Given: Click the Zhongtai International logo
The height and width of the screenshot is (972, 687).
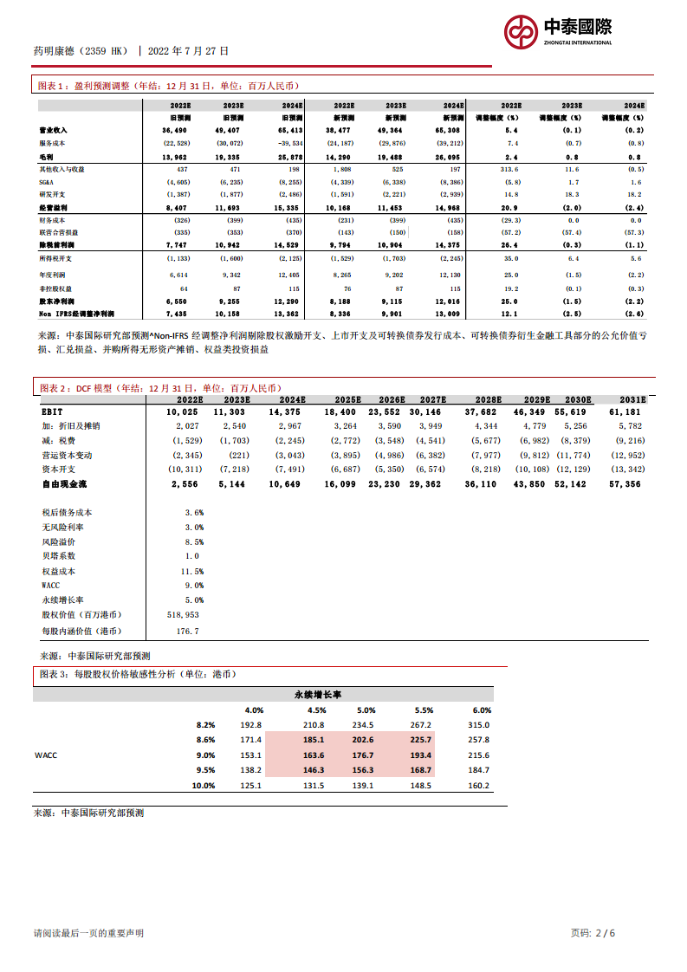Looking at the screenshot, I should click(x=559, y=32).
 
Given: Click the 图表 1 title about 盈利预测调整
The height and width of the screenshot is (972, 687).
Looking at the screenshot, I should click(x=169, y=86).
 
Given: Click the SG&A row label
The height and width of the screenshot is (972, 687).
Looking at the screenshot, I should click(x=47, y=182).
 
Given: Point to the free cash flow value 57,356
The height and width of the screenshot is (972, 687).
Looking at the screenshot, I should click(x=625, y=484).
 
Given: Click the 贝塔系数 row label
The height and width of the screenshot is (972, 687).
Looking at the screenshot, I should click(x=58, y=556).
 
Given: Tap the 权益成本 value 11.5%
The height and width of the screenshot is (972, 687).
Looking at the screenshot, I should click(x=191, y=571).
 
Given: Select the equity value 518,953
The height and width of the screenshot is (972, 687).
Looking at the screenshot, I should click(x=185, y=614).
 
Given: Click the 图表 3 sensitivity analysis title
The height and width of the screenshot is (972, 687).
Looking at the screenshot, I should click(x=136, y=673).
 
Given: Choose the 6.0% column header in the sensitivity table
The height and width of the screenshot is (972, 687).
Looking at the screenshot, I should click(x=482, y=710).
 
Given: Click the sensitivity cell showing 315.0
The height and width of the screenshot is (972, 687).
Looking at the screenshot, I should click(x=478, y=725).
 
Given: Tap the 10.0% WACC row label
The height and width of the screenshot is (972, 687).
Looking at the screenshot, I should click(x=203, y=786).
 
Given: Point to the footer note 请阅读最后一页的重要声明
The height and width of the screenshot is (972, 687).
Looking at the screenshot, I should click(x=88, y=933).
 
